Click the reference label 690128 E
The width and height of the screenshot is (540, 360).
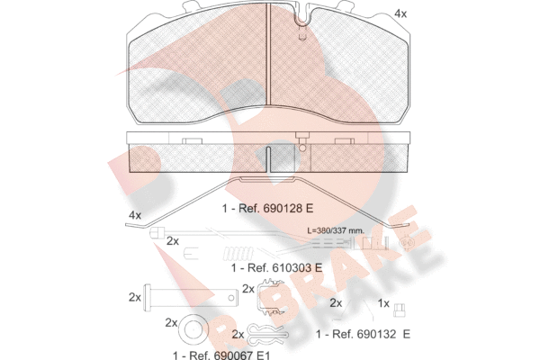pyautogui.click(x=267, y=209)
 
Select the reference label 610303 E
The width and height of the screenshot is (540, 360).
pyautogui.click(x=276, y=267)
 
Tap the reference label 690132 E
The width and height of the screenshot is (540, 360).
pyautogui.click(x=363, y=334)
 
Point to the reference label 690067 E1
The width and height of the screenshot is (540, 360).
pyautogui.click(x=221, y=355)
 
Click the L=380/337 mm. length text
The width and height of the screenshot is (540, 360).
pyautogui.click(x=335, y=230)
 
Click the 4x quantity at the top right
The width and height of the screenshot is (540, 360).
pyautogui.click(x=400, y=13)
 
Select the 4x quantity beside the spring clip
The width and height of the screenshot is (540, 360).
pyautogui.click(x=135, y=215)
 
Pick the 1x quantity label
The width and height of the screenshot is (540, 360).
pyautogui.click(x=383, y=303)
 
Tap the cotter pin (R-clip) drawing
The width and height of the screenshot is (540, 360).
pyautogui.click(x=268, y=334)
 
